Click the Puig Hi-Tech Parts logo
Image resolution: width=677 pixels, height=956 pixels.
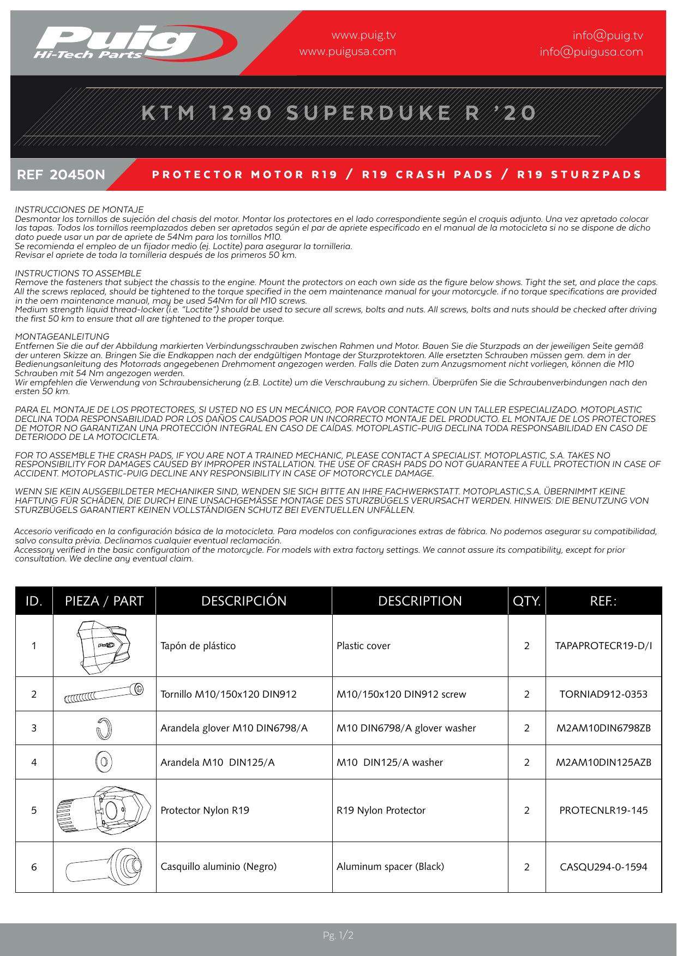pyautogui.click(x=134, y=43)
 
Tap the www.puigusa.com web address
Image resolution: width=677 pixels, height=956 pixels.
pyautogui.click(x=348, y=52)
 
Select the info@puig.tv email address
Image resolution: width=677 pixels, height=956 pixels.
pyautogui.click(x=608, y=35)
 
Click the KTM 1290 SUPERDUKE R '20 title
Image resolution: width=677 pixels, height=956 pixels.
pyautogui.click(x=339, y=113)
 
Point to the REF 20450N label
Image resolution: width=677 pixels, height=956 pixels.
pyautogui.click(x=61, y=175)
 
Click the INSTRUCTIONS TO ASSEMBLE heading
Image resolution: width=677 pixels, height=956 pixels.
pyautogui.click(x=78, y=273)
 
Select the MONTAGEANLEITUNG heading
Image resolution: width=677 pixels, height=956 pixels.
pyautogui.click(x=62, y=336)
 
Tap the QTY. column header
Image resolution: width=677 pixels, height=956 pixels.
pyautogui.click(x=526, y=601)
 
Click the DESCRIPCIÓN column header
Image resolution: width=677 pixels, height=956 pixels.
pyautogui.click(x=244, y=601)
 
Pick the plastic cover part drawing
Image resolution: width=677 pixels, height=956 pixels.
pyautogui.click(x=104, y=646)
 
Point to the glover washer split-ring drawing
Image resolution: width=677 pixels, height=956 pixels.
pyautogui.click(x=104, y=728)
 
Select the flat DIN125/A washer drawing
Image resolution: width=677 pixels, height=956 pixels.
pyautogui.click(x=104, y=762)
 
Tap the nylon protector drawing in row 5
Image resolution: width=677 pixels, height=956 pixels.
pyautogui.click(x=104, y=810)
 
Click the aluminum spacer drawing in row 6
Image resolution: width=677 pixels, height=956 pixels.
pyautogui.click(x=104, y=867)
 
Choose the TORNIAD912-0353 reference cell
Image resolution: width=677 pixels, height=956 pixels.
pyautogui.click(x=603, y=694)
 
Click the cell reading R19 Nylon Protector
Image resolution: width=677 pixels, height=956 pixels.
pyautogui.click(x=381, y=810)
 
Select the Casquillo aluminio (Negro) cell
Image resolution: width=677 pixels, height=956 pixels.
pyautogui.click(x=218, y=867)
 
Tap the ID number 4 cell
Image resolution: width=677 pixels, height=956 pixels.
pyautogui.click(x=34, y=762)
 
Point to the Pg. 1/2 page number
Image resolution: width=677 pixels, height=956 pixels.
pyautogui.click(x=338, y=936)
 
